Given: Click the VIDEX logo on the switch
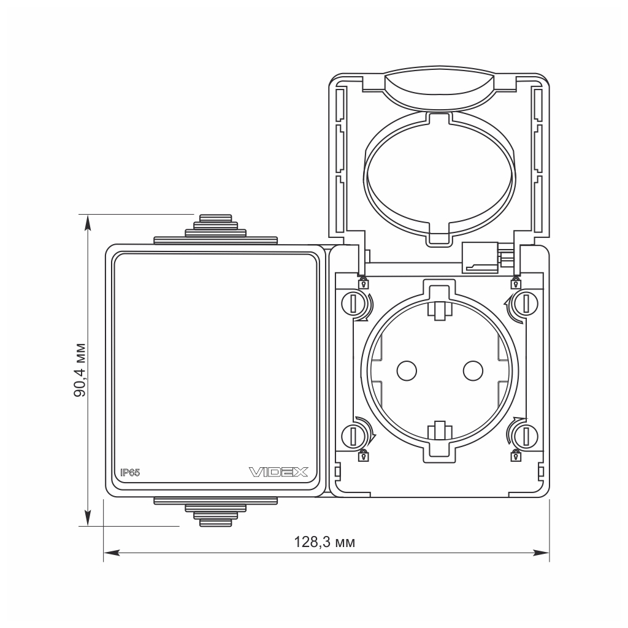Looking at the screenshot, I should [278, 472].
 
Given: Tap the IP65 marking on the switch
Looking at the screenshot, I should [130, 472].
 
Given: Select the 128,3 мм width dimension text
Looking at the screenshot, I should [324, 542].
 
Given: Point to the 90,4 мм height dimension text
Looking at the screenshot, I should [80, 370].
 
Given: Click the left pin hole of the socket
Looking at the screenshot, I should [407, 370].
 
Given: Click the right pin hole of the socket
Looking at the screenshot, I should [472, 370].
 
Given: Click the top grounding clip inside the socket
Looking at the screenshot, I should [439, 310].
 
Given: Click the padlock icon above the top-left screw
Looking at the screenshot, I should [364, 283].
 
